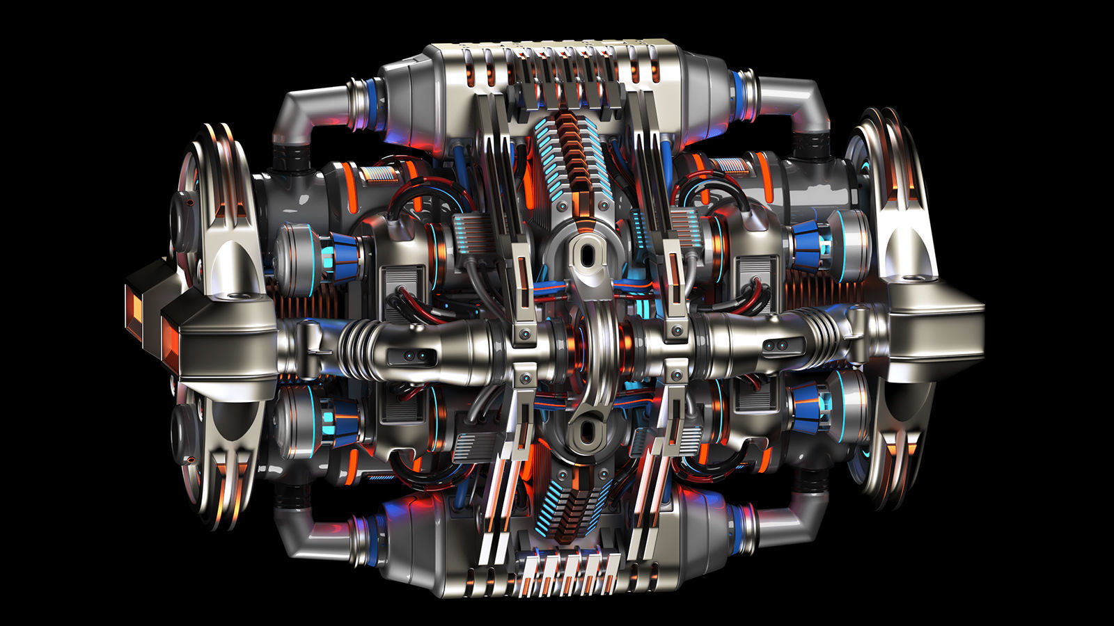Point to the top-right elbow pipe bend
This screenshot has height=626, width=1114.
click(808, 104)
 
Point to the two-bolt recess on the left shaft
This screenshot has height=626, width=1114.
click(414, 357)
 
